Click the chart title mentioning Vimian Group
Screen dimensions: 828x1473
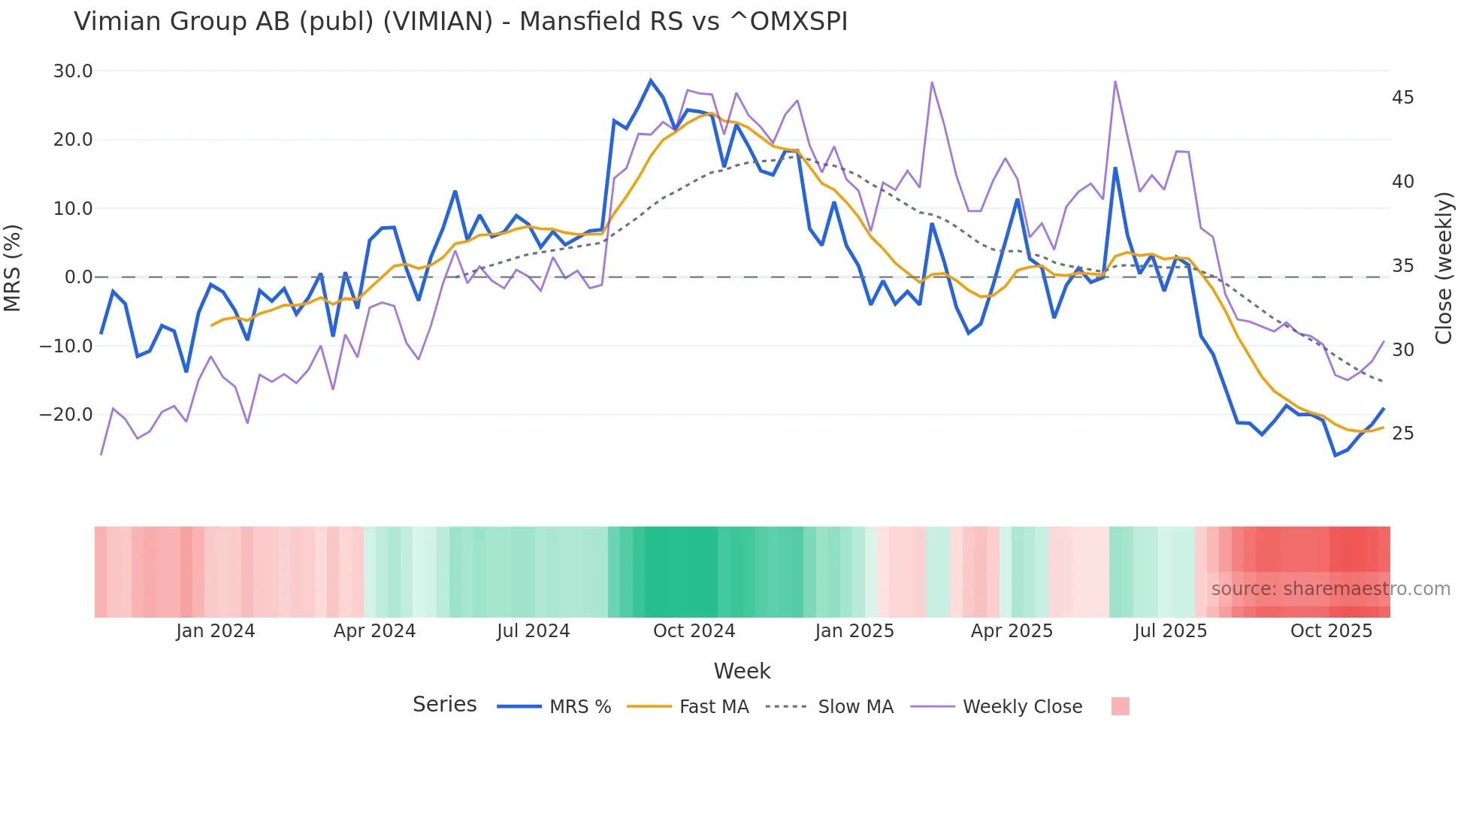(x=460, y=22)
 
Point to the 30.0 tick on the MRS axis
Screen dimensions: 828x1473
(x=73, y=71)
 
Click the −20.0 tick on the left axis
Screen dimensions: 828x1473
(x=66, y=415)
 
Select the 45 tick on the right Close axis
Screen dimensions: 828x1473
(x=1402, y=98)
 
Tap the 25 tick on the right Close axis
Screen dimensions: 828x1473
(x=1402, y=434)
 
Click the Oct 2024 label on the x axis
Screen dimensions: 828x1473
(x=694, y=631)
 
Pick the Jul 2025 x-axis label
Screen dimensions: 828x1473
(x=1170, y=631)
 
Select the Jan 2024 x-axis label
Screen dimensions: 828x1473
(x=216, y=631)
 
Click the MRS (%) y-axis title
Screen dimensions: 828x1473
(x=13, y=267)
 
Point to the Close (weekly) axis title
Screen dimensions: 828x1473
(x=1443, y=267)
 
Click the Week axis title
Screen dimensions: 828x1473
(x=742, y=671)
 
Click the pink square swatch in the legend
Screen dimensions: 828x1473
(x=1120, y=706)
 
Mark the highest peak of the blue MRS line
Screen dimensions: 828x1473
(x=651, y=80)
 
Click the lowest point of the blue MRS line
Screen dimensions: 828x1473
(x=1335, y=455)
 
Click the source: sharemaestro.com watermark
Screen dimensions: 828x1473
(x=1330, y=589)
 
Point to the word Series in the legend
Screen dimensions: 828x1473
(x=444, y=705)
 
